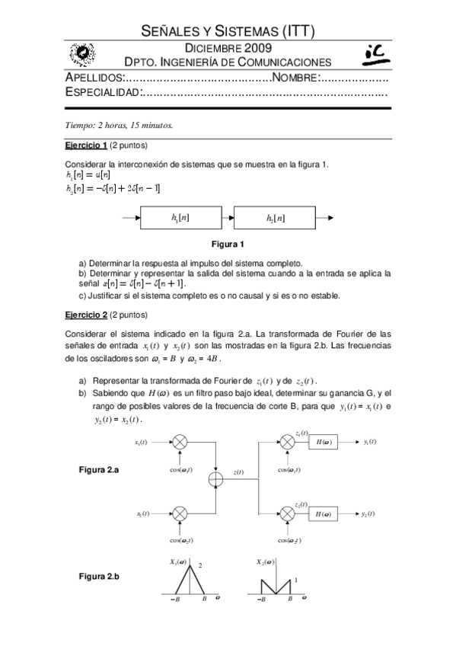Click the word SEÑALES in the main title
171,30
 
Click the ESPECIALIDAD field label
103,93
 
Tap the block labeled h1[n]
180,218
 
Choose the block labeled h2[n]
276,218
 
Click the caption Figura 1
227,245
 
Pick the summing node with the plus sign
216,478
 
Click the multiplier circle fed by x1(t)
180,442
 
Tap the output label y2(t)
371,515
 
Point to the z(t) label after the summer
238,472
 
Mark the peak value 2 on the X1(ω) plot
200,566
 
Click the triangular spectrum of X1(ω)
183,583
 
